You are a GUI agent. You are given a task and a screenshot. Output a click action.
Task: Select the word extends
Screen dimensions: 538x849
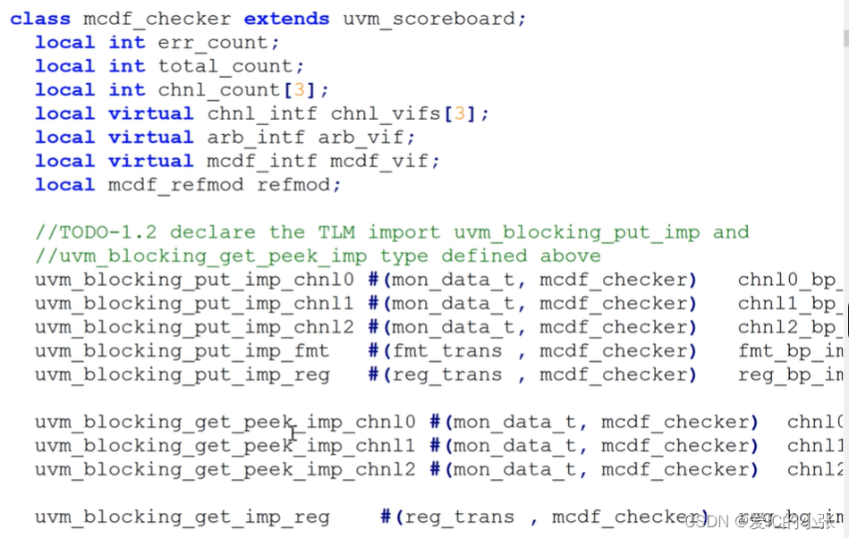click(x=286, y=18)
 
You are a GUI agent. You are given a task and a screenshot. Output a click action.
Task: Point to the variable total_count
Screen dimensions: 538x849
click(x=231, y=66)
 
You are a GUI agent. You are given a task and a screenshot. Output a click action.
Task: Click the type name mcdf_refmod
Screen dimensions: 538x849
click(x=176, y=185)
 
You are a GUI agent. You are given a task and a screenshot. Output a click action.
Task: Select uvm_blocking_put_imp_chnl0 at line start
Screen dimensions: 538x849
click(x=194, y=280)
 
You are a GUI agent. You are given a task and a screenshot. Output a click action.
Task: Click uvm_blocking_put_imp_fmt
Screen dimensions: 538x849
click(x=182, y=351)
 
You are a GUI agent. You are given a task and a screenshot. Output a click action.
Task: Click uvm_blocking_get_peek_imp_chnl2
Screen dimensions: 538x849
click(x=225, y=469)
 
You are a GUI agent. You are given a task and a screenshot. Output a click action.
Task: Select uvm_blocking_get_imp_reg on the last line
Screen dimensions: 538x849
click(x=182, y=517)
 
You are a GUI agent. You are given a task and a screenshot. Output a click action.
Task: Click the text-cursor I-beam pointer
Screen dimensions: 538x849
click(x=293, y=434)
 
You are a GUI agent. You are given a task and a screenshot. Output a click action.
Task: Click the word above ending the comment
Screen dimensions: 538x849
click(x=570, y=256)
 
